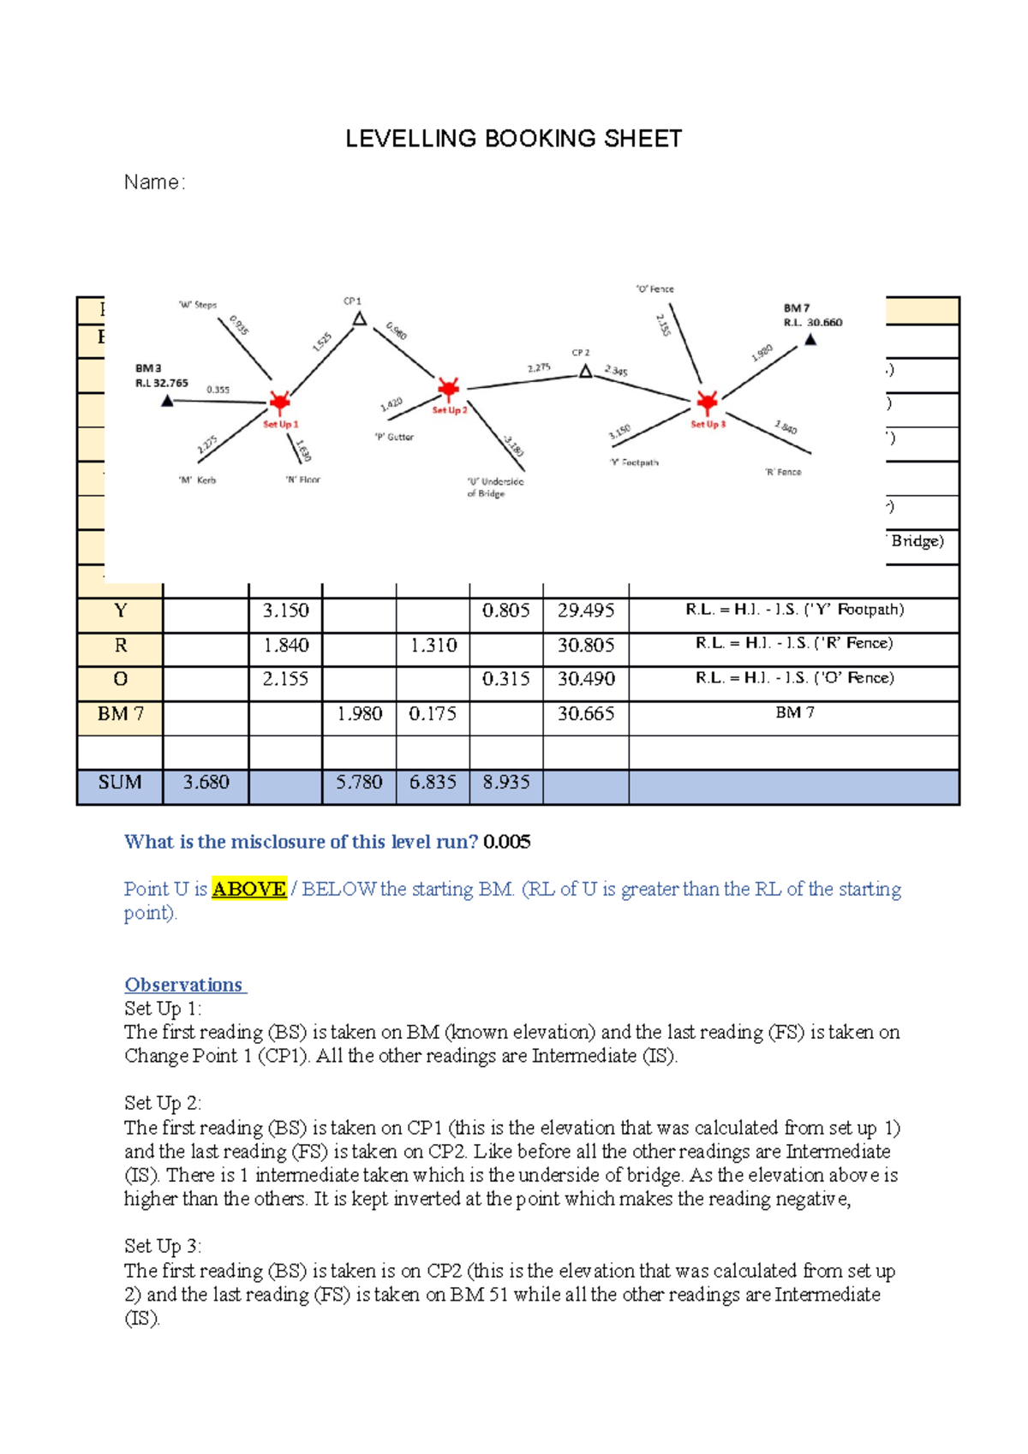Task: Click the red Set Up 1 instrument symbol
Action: click(279, 402)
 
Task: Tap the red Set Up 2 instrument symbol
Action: click(449, 389)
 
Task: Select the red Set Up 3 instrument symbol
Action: click(707, 402)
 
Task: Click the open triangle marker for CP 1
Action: click(360, 319)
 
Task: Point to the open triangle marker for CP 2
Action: click(585, 371)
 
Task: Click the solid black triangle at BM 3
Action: click(168, 401)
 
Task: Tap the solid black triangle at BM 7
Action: click(810, 340)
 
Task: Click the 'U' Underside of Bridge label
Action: click(494, 487)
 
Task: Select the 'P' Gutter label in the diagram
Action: click(394, 437)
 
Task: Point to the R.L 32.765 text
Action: click(162, 383)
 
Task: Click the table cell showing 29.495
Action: click(585, 611)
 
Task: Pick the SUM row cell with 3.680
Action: click(206, 782)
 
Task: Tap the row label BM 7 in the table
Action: click(120, 713)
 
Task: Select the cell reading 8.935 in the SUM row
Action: click(505, 782)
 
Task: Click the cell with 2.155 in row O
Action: click(285, 679)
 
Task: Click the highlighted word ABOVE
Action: click(248, 889)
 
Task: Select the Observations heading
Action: click(184, 985)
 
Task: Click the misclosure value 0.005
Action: click(506, 842)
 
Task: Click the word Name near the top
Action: click(152, 182)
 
